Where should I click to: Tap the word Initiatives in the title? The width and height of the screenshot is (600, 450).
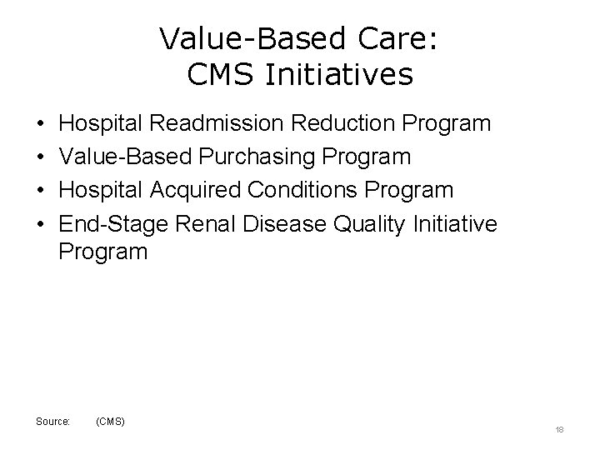click(336, 76)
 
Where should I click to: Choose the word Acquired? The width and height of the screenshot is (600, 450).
click(204, 190)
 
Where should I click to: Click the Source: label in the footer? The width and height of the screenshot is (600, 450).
click(53, 422)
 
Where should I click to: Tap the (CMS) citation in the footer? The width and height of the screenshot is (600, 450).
click(111, 422)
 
